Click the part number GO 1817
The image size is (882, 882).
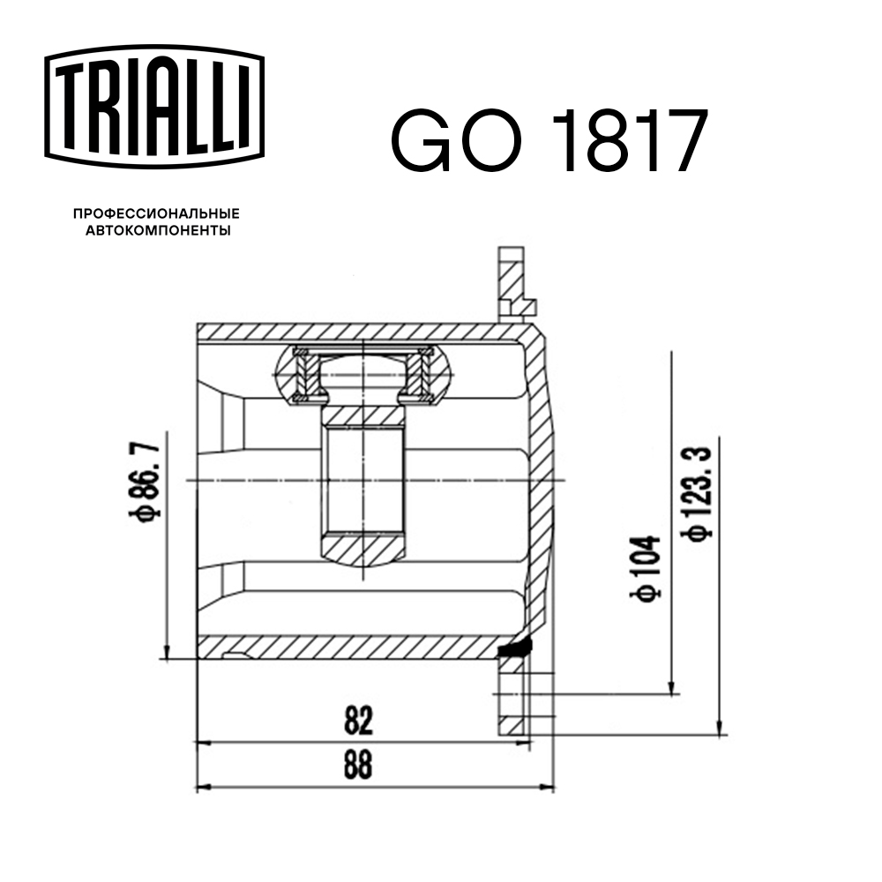[x=549, y=141]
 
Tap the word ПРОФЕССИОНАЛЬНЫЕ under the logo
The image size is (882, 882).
[x=156, y=213]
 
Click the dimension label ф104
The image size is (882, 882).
[x=645, y=570]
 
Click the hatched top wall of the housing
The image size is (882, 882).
[x=353, y=333]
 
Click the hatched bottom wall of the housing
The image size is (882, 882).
[x=353, y=647]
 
